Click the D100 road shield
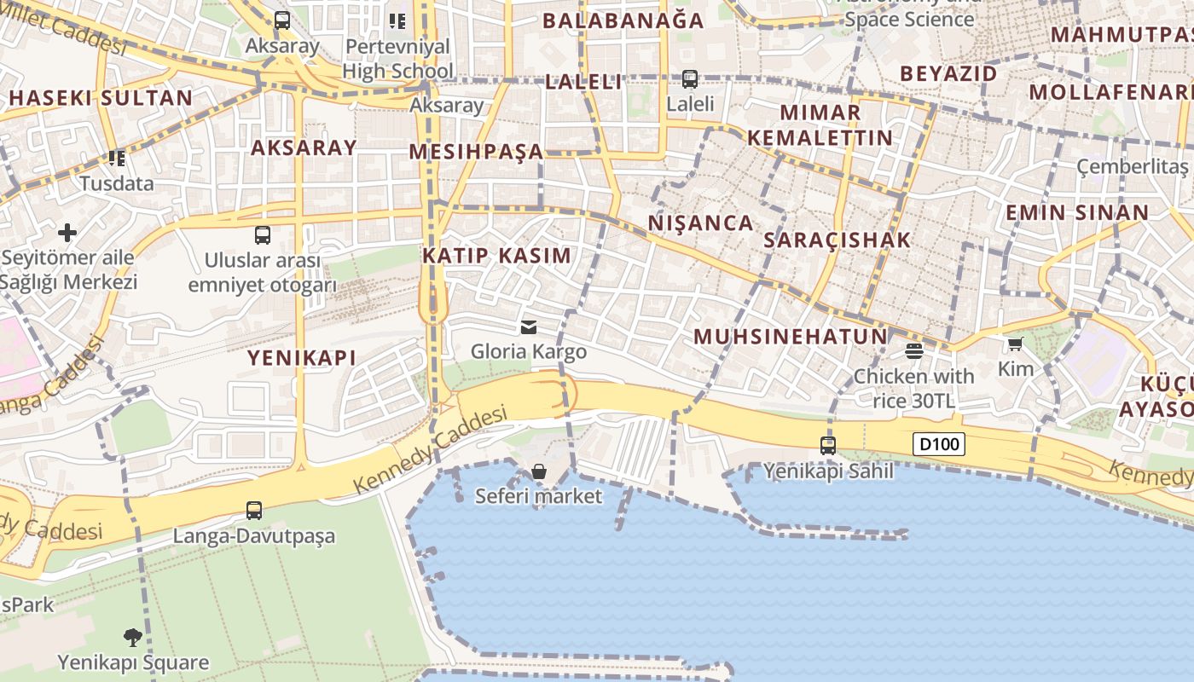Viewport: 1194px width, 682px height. coord(938,443)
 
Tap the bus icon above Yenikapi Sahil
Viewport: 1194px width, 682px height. coord(827,445)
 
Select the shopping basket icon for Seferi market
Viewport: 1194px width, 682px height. coord(538,471)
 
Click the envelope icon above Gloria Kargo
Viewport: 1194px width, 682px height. coord(529,327)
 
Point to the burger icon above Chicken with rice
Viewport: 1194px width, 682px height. coord(914,351)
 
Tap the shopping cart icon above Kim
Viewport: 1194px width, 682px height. coord(1015,344)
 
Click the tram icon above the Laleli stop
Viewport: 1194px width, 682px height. coord(689,79)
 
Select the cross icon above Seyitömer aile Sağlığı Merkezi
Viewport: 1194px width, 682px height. coord(67,232)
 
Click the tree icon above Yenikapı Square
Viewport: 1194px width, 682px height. coord(132,637)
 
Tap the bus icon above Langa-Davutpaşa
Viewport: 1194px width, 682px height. coord(253,511)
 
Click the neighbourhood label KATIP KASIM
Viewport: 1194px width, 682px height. coord(497,255)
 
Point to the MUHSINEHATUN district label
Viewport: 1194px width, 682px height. coord(791,337)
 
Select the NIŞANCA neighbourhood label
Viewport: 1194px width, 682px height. coord(700,223)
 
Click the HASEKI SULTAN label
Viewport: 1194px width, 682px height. coord(101,98)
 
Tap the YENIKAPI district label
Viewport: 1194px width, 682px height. coord(301,358)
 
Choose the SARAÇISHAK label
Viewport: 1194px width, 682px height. coord(837,240)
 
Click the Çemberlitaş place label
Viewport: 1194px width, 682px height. coord(1132,166)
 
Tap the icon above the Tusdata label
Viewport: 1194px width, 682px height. coord(117,159)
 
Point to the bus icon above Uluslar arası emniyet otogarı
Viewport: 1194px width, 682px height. coord(262,235)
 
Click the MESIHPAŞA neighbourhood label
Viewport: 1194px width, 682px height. coord(475,152)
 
